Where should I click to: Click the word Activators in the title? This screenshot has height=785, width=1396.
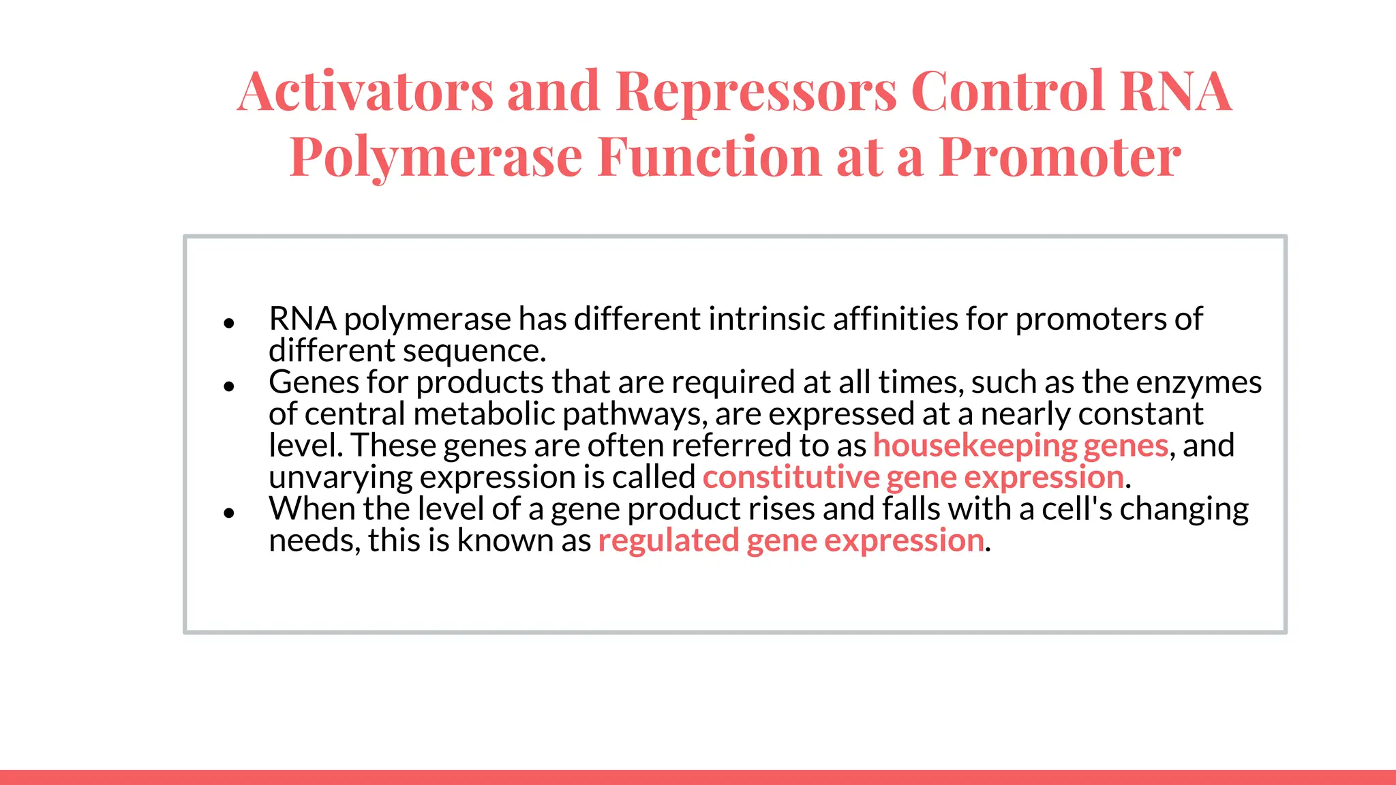[365, 91]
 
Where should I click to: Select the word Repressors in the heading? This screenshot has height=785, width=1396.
[757, 91]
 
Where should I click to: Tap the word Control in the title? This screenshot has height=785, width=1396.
[1007, 91]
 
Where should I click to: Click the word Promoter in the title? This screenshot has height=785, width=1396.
[1060, 157]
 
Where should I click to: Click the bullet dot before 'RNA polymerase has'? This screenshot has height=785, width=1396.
[229, 323]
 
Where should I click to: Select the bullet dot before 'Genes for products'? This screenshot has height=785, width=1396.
[229, 386]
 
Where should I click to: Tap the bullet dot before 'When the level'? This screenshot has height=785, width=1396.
[229, 513]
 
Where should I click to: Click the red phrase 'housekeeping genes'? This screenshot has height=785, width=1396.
[1020, 446]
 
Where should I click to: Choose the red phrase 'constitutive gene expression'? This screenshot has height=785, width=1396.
[913, 477]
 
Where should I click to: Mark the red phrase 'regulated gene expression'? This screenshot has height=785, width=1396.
[791, 540]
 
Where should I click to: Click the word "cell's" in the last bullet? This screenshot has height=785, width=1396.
[1076, 508]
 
